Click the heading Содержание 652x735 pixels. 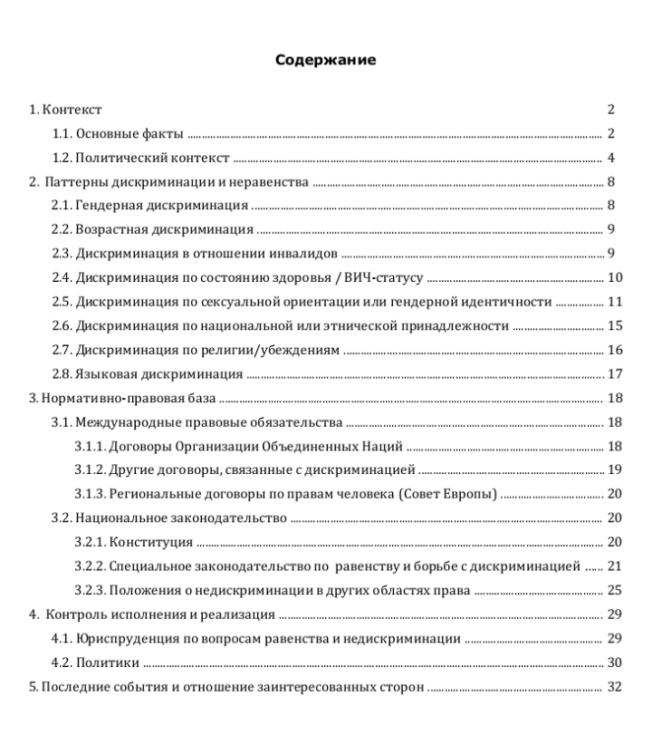click(325, 61)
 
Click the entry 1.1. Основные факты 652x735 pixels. click(118, 134)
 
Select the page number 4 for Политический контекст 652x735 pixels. click(612, 158)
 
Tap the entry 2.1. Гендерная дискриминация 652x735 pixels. click(150, 206)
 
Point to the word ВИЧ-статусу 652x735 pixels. click(383, 278)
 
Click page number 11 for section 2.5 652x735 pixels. click(615, 302)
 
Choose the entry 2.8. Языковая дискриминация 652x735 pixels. click(147, 373)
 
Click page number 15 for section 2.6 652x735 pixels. click(615, 326)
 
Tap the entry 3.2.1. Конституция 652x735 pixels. click(133, 542)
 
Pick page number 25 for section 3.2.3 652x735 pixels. click(615, 591)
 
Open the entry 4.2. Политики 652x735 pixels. click(95, 662)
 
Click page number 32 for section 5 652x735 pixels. click(615, 686)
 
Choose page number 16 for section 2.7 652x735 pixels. click(615, 350)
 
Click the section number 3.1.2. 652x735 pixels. click(90, 470)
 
